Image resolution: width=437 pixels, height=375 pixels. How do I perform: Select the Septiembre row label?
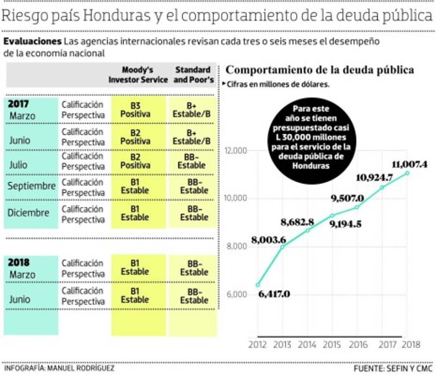pyautogui.click(x=31, y=186)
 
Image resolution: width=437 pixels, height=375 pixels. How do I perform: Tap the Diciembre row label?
pyautogui.click(x=28, y=213)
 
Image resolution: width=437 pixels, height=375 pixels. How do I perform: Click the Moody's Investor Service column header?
pyautogui.click(x=138, y=74)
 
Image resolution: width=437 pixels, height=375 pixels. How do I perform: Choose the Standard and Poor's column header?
pyautogui.click(x=192, y=74)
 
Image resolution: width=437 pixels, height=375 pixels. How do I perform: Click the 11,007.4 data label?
pyautogui.click(x=410, y=164)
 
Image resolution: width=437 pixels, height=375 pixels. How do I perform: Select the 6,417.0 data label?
pyautogui.click(x=274, y=294)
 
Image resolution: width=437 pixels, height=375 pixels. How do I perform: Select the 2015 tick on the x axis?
pyautogui.click(x=332, y=345)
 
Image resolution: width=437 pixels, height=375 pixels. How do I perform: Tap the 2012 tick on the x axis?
pyautogui.click(x=258, y=345)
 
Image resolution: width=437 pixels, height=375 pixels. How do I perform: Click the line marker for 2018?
pyautogui.click(x=407, y=173)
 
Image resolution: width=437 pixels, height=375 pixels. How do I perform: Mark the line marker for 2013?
pyautogui.click(x=282, y=247)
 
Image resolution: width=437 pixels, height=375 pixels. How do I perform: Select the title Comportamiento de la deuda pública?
pyautogui.click(x=320, y=70)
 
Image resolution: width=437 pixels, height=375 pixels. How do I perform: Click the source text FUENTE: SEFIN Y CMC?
pyautogui.click(x=393, y=369)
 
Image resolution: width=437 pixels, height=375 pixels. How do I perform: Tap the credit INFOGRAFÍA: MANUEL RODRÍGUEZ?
pyautogui.click(x=59, y=369)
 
